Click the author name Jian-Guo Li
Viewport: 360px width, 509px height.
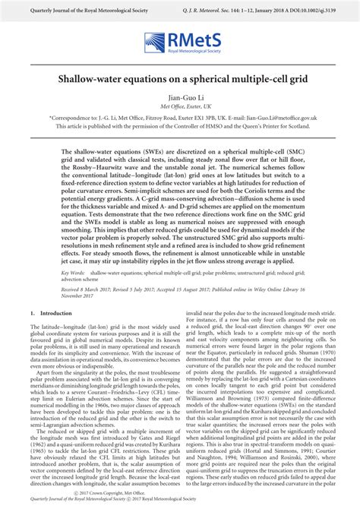180,99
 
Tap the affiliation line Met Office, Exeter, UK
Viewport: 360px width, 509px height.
180,108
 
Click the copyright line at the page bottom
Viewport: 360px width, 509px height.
180,492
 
